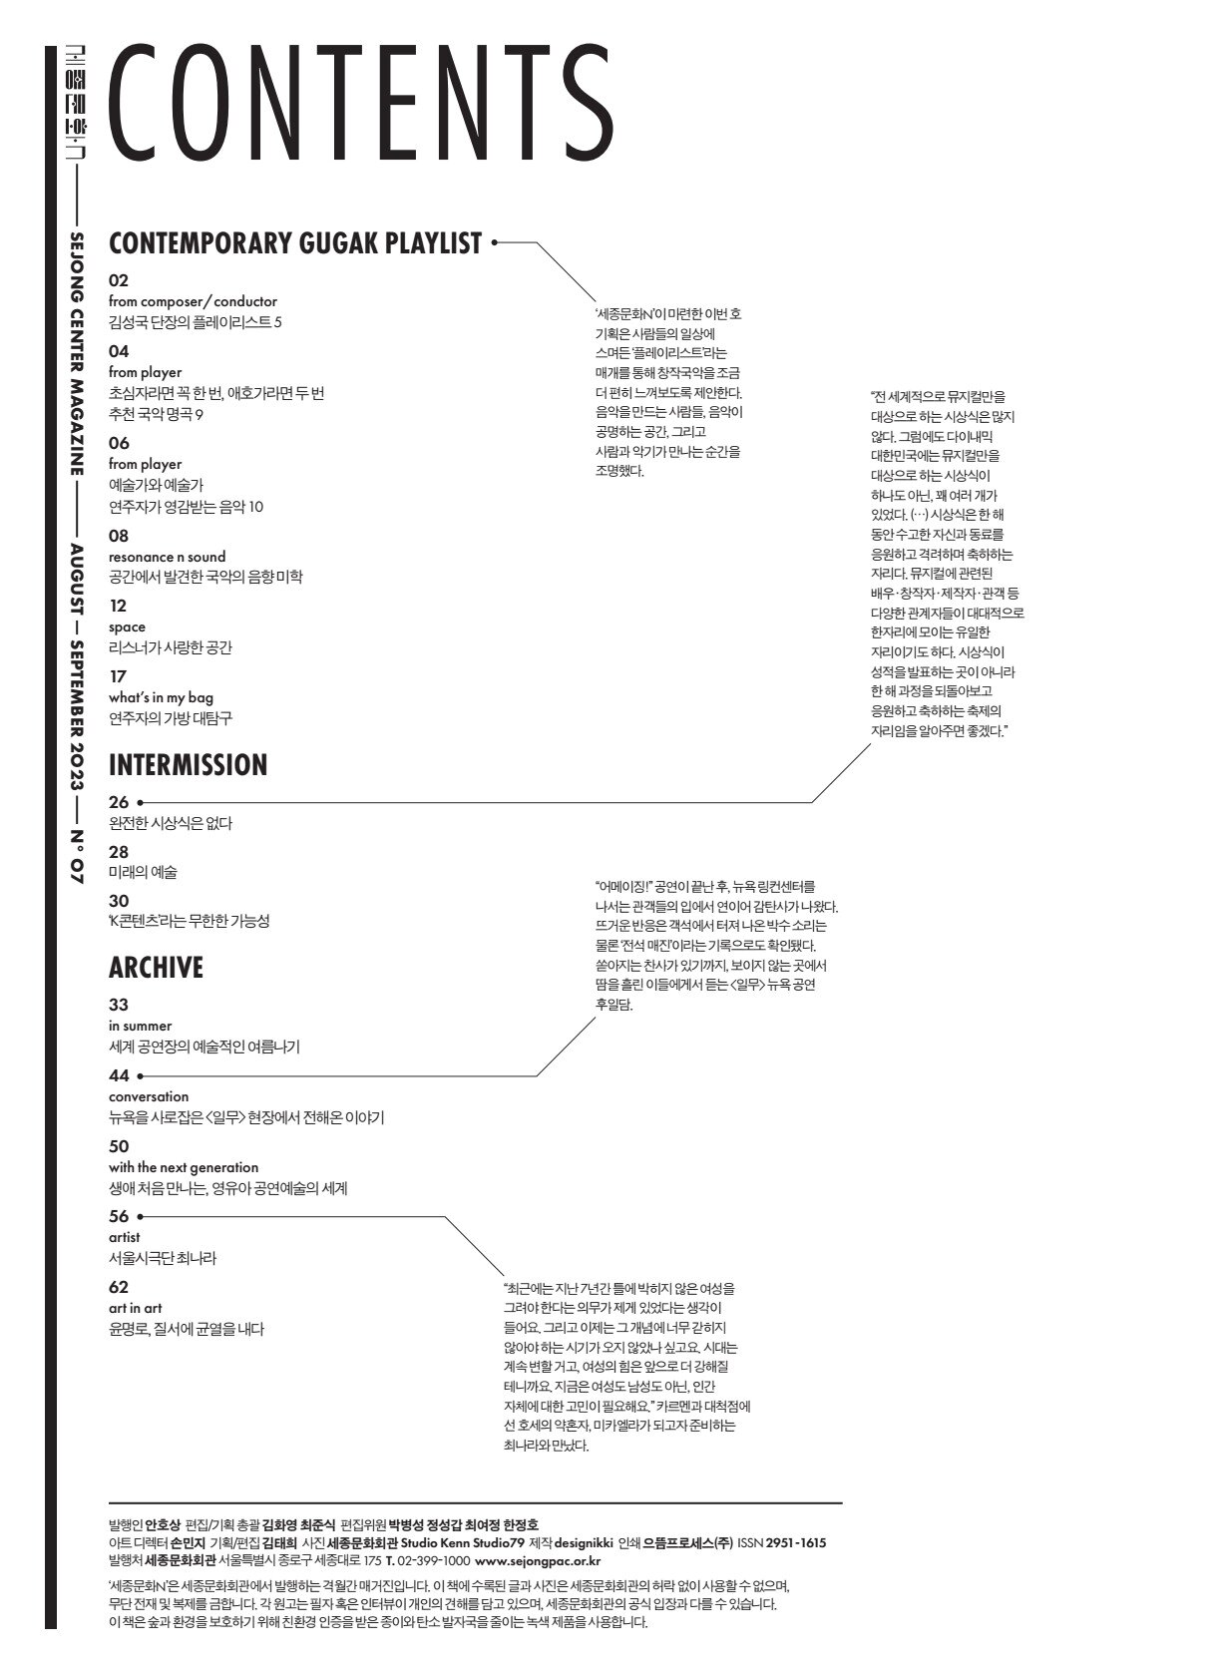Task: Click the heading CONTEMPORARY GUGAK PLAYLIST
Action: tap(294, 243)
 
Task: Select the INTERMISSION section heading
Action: tap(188, 765)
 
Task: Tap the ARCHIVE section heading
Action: tap(156, 968)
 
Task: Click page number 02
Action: tap(119, 280)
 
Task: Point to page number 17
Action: tap(118, 676)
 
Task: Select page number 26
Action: tap(119, 801)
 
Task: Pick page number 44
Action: tap(119, 1075)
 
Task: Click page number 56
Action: tap(119, 1216)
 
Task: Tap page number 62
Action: tap(119, 1287)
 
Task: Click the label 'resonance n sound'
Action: tap(167, 557)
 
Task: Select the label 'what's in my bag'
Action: tap(161, 697)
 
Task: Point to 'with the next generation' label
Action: tap(184, 1167)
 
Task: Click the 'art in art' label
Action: tap(135, 1308)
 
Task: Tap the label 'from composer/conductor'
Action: tap(193, 301)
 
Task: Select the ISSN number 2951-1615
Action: tap(795, 1542)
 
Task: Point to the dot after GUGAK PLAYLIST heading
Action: tap(494, 241)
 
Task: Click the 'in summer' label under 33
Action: tap(140, 1026)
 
